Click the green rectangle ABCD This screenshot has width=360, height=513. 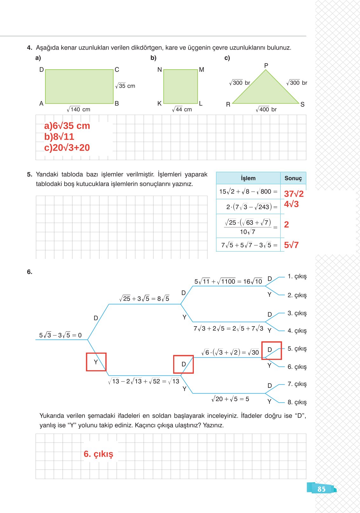(79, 86)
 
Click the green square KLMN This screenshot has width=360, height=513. (180, 86)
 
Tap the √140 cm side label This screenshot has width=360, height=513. (78, 109)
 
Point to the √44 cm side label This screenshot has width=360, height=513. (182, 109)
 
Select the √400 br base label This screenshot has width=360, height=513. (266, 109)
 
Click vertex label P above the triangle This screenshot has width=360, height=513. (266, 65)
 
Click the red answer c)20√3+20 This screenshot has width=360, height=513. (67, 148)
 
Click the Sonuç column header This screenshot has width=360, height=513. (293, 178)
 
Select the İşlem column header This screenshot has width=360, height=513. (248, 178)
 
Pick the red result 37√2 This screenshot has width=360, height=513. (294, 194)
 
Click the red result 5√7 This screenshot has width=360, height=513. (291, 245)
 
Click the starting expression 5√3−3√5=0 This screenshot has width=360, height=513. (60, 335)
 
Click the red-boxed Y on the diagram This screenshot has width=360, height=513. (96, 362)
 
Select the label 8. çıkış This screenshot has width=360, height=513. (297, 402)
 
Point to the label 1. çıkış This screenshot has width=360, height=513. (297, 276)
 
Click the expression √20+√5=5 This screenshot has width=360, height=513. (230, 399)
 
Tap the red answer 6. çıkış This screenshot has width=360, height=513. (98, 454)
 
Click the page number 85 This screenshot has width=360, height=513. (321, 489)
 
